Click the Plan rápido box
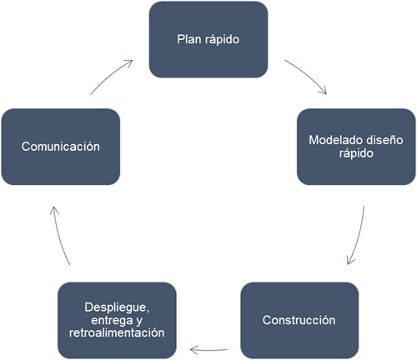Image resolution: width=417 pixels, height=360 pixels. coord(208,39)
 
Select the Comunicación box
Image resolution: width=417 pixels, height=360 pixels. coord(61,147)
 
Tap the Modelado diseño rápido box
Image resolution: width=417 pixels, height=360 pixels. coord(356,147)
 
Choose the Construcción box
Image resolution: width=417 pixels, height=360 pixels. coord(299,320)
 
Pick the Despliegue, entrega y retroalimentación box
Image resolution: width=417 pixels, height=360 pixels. coord(117,320)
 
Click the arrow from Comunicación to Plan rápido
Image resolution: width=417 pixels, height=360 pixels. coord(110,75)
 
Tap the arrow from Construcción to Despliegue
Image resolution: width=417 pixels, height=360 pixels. coord(208,350)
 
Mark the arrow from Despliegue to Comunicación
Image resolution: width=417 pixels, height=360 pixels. coord(59,236)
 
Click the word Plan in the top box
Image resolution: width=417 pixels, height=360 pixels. coord(189,39)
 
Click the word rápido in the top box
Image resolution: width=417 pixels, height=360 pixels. coord(222,40)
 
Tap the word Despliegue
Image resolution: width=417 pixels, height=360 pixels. coord(117,307)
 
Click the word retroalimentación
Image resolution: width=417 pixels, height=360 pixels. coord(117,332)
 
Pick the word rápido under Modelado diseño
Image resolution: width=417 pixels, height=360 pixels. coord(356,153)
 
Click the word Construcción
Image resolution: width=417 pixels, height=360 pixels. coord(299,320)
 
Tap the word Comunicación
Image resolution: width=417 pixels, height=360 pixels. coord(61,147)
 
